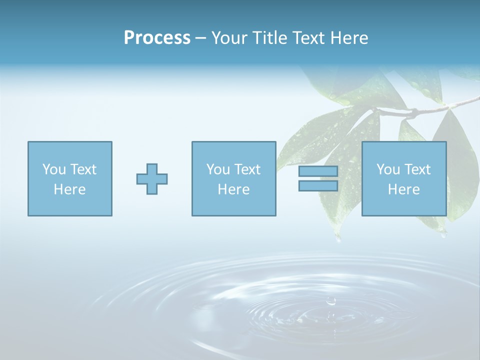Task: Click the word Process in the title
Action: click(157, 38)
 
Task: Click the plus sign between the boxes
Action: click(152, 178)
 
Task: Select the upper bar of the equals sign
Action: click(318, 171)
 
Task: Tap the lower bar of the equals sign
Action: click(318, 185)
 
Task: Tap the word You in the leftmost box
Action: click(54, 169)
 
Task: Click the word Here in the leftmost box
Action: click(69, 189)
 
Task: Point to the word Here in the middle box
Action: click(233, 189)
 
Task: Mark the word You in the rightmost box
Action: click(388, 169)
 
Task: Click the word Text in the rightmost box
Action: click(417, 169)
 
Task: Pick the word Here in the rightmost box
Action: click(403, 189)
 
